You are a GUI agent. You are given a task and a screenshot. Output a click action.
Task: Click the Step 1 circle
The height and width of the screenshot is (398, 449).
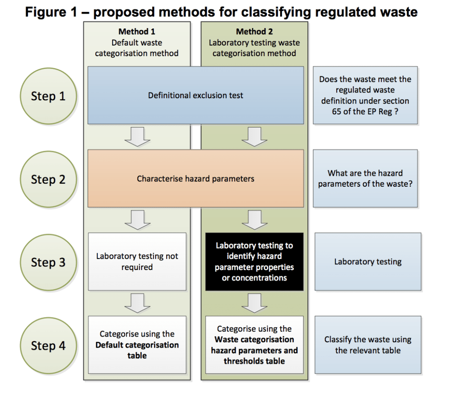pos(48,96)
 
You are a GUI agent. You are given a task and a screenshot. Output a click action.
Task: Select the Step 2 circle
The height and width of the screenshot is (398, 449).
pos(48,179)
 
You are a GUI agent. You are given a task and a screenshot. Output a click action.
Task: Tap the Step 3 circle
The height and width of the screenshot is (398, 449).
pos(48,262)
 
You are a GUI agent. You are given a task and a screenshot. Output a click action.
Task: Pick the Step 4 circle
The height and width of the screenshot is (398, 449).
pos(48,345)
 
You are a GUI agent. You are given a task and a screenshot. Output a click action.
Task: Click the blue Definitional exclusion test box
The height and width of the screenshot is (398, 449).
pos(196,95)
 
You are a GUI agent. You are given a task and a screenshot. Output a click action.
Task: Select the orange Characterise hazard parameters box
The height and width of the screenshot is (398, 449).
pos(196,178)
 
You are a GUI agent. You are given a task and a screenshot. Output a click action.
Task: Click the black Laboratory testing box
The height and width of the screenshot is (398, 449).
pos(254,262)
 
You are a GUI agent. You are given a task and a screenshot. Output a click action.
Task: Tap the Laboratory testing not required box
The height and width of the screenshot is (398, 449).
pos(137,262)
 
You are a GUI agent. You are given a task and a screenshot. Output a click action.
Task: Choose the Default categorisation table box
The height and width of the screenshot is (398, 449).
pos(137,345)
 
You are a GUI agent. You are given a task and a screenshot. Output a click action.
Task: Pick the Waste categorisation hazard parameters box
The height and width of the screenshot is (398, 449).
pos(254,345)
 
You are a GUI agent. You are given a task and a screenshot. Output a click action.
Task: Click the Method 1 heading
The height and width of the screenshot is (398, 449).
pos(137,32)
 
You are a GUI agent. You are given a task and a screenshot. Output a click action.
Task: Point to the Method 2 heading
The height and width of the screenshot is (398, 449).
pos(254,32)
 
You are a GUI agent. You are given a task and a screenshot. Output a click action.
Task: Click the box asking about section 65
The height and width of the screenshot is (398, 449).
pos(365,95)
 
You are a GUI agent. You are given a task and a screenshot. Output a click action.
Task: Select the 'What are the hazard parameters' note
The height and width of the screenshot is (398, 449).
pos(365,178)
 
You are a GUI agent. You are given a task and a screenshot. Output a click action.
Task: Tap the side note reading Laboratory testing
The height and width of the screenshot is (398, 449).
pos(368,262)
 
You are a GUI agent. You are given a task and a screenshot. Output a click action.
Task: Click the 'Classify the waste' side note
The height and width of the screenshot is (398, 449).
pos(368,345)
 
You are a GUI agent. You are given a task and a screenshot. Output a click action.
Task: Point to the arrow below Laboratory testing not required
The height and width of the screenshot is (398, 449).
pos(137,302)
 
